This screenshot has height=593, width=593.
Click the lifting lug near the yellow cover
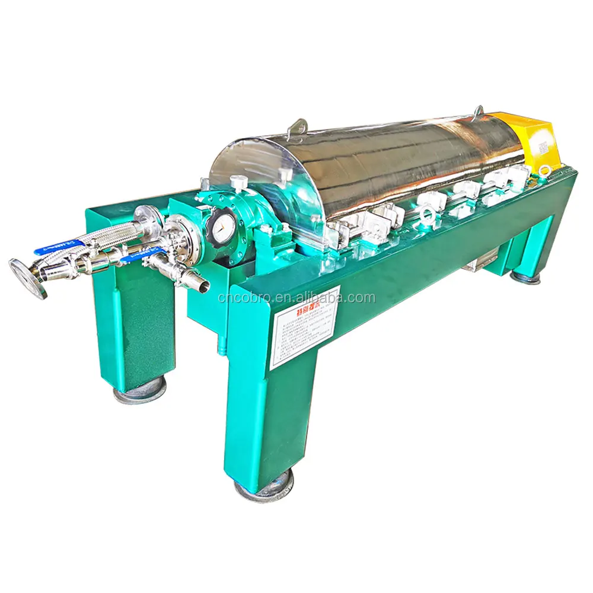pos(478,111)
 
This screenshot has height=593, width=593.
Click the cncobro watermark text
pos(296,298)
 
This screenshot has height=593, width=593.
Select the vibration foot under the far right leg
pos(525,276)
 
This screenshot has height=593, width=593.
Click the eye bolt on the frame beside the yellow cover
pos(544,170)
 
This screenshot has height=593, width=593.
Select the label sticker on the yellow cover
pos(541,146)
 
